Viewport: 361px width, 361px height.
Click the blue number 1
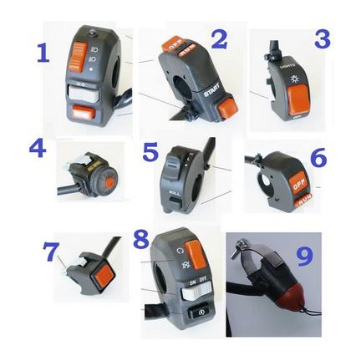click(x=43, y=53)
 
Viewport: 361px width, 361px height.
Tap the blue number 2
click(x=219, y=38)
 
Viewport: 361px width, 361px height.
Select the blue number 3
click(x=321, y=38)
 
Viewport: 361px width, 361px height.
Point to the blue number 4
click(x=37, y=148)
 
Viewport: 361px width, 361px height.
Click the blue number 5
click(x=150, y=153)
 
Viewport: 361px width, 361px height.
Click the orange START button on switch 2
click(x=226, y=105)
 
